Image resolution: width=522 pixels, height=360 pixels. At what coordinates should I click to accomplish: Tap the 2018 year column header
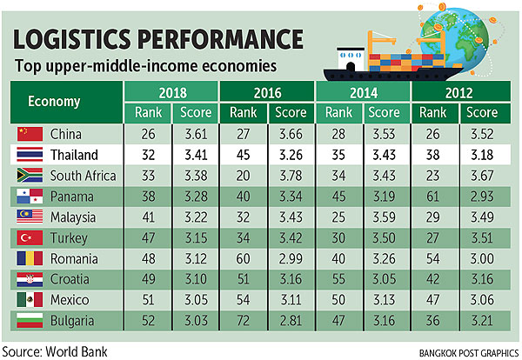point(171,91)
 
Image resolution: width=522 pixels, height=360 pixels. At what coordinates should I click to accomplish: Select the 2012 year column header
point(458,91)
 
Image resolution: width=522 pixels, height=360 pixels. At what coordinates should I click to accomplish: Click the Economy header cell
point(54,101)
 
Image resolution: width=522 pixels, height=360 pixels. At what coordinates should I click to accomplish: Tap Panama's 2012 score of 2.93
point(480,197)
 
